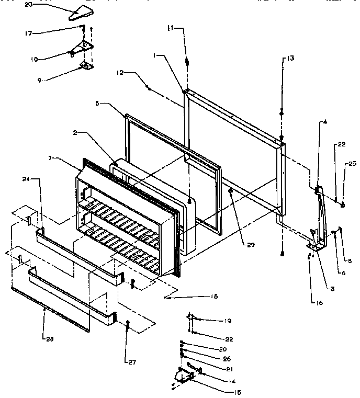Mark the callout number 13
click(290, 59)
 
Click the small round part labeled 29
click(230, 192)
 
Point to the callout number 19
click(228, 321)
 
